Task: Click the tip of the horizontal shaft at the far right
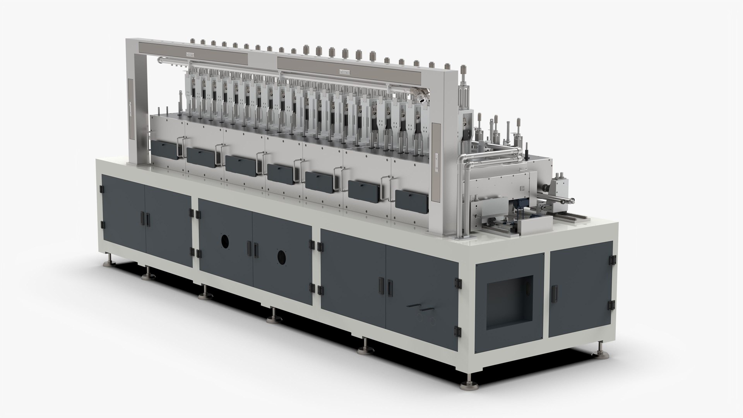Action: (x=572, y=200)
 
